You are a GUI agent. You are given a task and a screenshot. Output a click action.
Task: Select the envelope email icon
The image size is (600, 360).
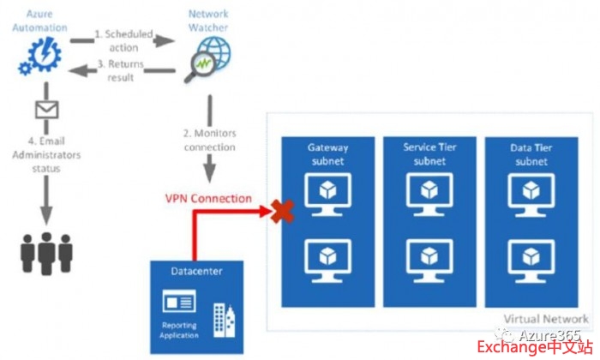click(45, 110)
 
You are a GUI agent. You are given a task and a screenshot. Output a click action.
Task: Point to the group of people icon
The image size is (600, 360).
click(45, 251)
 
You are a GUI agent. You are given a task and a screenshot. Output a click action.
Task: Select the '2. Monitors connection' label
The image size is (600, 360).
click(209, 140)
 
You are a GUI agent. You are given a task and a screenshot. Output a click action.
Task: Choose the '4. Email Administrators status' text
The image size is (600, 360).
click(44, 153)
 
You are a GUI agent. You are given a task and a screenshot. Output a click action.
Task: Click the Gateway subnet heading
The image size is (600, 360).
click(328, 153)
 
